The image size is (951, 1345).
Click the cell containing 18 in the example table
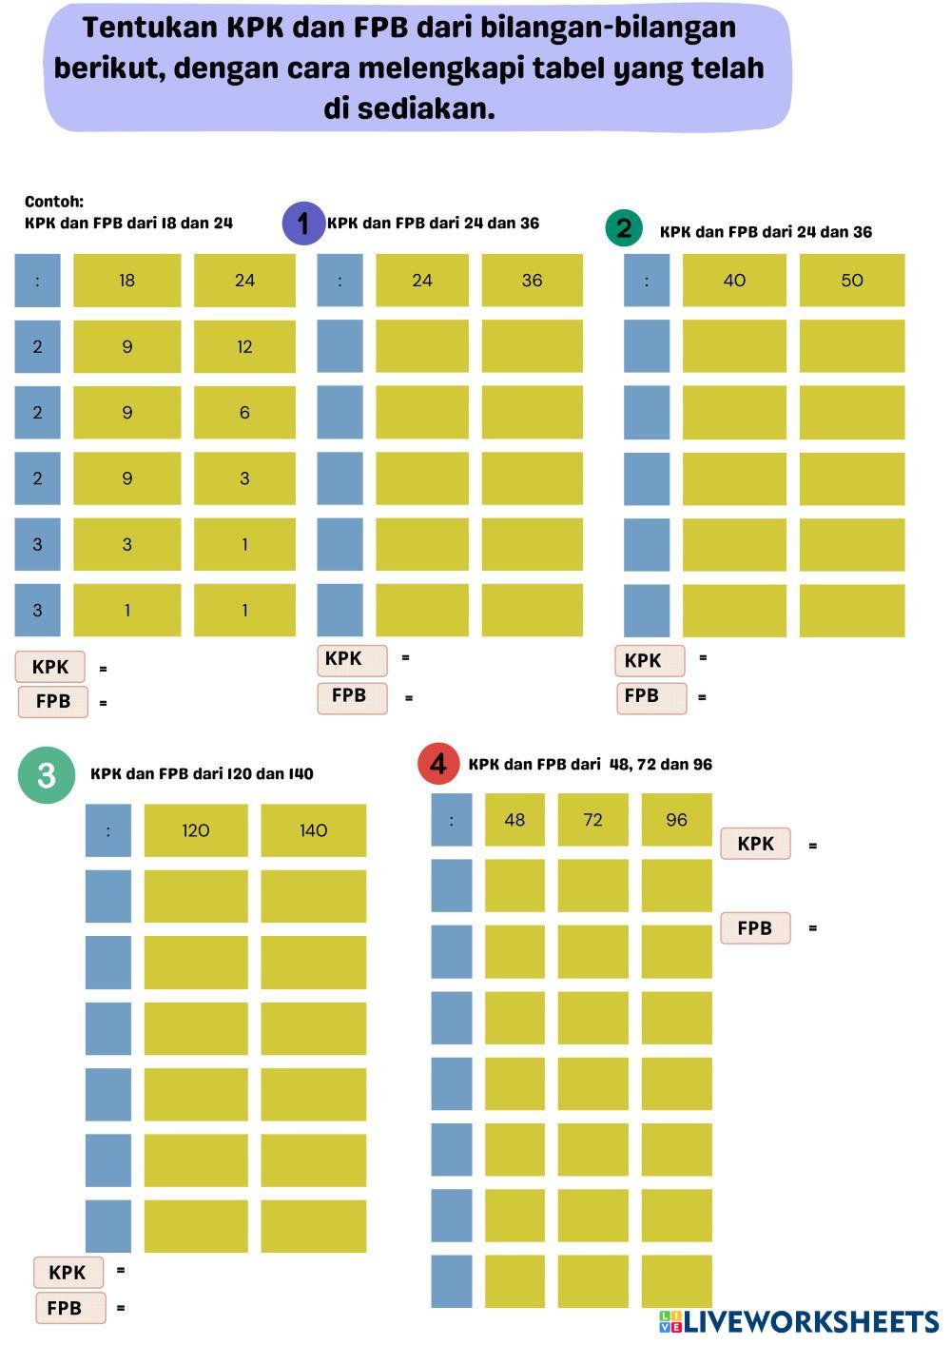click(126, 281)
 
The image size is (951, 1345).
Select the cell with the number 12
click(244, 346)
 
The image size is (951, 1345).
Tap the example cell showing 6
click(244, 412)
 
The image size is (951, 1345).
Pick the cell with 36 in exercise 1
click(532, 281)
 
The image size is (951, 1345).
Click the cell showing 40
click(734, 281)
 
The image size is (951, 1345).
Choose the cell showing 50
click(851, 281)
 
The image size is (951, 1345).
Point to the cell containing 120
click(195, 830)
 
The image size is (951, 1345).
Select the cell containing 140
click(313, 830)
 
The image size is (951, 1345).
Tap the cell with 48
click(514, 820)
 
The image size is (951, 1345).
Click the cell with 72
click(592, 820)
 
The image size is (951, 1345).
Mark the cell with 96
click(676, 820)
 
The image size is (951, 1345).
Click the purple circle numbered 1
click(303, 224)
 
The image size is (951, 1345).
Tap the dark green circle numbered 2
click(624, 228)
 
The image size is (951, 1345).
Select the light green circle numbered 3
click(47, 775)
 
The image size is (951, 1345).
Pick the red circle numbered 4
click(437, 764)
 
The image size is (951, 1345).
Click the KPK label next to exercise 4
click(755, 844)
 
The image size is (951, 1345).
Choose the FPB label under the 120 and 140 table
click(65, 1308)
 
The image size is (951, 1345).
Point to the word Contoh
click(54, 202)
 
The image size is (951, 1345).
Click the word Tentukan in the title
click(149, 29)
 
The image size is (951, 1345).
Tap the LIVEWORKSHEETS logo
click(799, 1321)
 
